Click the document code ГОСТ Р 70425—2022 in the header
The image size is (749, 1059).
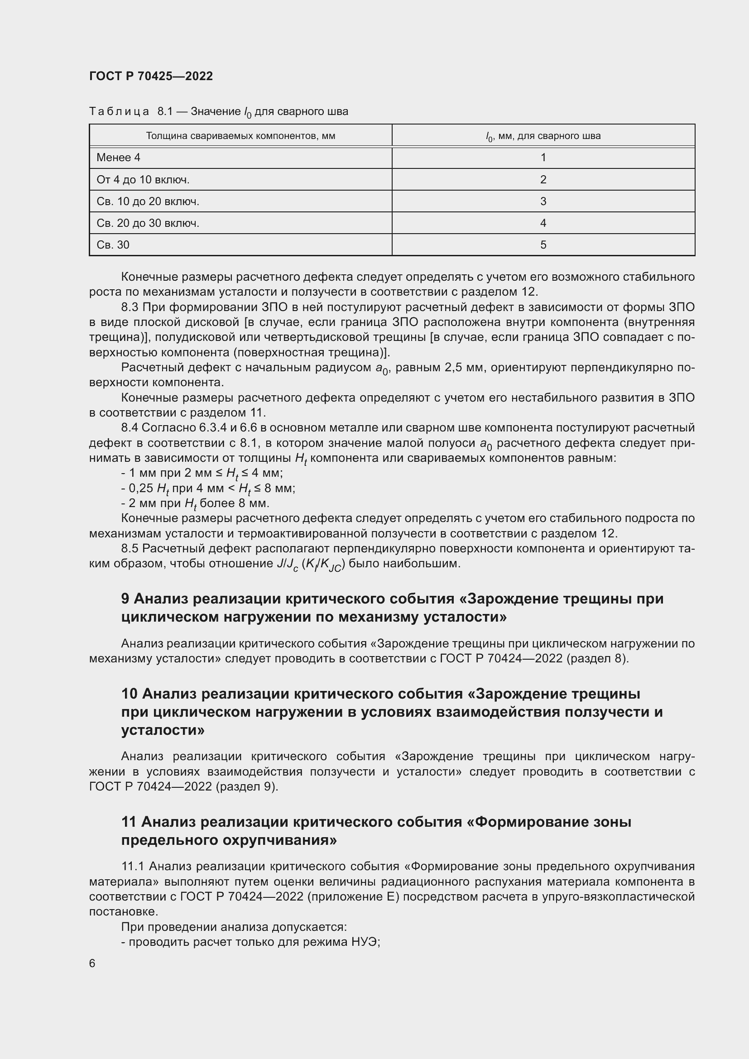pyautogui.click(x=151, y=76)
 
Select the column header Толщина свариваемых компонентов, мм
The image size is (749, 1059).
pyautogui.click(x=240, y=136)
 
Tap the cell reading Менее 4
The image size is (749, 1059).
pyautogui.click(x=119, y=158)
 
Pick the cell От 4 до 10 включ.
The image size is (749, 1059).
pyautogui.click(x=143, y=179)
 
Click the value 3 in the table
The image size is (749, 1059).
pyautogui.click(x=543, y=201)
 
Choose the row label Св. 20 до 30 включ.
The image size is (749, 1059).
pyautogui.click(x=148, y=223)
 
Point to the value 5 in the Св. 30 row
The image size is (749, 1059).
pyautogui.click(x=543, y=245)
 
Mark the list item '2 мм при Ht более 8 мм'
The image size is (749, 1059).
pyautogui.click(x=196, y=503)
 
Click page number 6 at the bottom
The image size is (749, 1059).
pyautogui.click(x=92, y=963)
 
